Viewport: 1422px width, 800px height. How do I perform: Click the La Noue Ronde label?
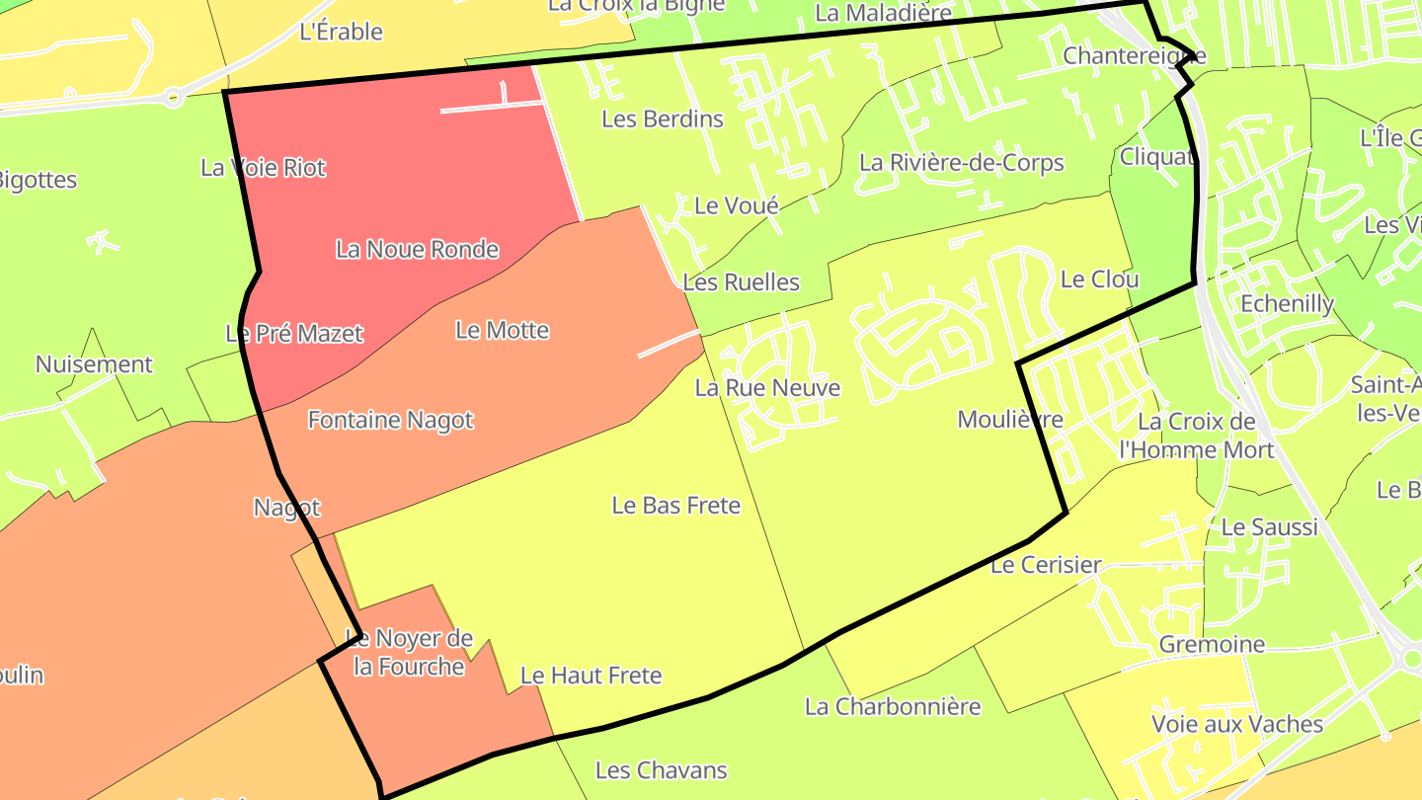tap(417, 249)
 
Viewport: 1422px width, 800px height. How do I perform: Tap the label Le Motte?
tap(502, 330)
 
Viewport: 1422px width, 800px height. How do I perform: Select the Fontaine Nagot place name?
tap(390, 421)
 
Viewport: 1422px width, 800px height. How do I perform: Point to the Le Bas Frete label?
tap(675, 506)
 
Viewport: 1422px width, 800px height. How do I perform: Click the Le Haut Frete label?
tap(591, 677)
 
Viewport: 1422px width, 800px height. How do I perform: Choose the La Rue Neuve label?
tap(767, 388)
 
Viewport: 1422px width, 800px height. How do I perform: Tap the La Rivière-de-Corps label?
tap(961, 163)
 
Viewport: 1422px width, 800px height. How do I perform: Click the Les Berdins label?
tap(662, 120)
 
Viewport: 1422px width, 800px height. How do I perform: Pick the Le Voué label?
tap(736, 206)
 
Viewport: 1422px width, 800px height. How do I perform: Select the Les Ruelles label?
tap(741, 282)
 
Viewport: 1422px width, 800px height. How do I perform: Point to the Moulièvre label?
tap(1009, 420)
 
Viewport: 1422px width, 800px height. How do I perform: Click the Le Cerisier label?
tap(1045, 566)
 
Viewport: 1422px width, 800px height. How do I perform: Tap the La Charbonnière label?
tap(892, 707)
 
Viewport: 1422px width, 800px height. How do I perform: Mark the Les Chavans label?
tap(661, 770)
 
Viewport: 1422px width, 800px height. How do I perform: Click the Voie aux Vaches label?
tap(1236, 725)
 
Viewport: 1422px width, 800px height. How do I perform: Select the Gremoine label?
tap(1211, 645)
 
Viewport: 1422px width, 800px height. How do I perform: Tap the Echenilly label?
tap(1286, 304)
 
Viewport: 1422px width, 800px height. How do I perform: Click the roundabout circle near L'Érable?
tap(174, 97)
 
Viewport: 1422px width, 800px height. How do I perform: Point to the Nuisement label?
tap(94, 364)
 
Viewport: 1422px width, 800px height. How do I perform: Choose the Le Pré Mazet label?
tap(294, 334)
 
